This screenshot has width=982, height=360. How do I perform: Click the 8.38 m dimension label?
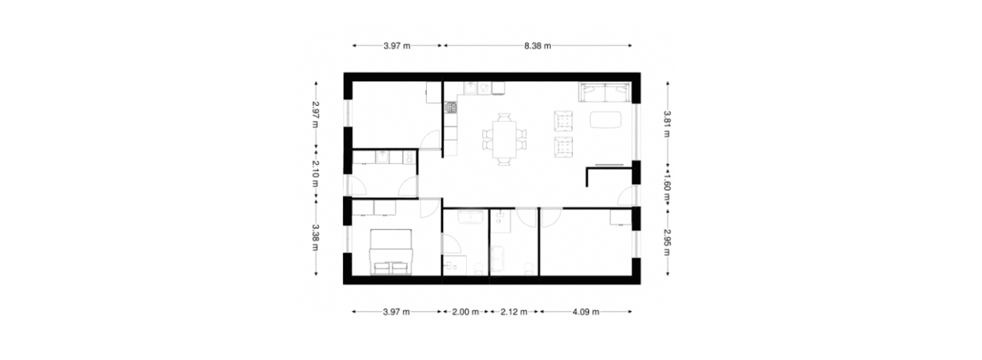537,46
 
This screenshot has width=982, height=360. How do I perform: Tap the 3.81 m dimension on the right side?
667,124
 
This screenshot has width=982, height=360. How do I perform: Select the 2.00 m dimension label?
465,312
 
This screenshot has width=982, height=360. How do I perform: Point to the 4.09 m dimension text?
586,312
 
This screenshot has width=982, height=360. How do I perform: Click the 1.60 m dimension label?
667,188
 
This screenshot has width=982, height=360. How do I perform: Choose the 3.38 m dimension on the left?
315,238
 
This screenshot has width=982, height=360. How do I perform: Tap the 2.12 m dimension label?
514,312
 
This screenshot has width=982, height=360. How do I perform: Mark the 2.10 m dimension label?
315,173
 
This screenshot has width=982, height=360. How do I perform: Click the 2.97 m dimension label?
315,115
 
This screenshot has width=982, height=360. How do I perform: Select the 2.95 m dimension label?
667,242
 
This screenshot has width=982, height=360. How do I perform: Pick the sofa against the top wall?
605,92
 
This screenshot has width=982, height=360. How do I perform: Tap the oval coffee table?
606,120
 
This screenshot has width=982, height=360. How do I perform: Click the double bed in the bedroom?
391,252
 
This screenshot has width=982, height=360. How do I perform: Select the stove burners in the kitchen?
450,107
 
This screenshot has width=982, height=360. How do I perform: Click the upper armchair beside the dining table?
563,121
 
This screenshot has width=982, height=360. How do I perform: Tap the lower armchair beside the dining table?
563,147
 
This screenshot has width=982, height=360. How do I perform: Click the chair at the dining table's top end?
504,117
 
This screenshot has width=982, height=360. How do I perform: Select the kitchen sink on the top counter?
471,88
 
